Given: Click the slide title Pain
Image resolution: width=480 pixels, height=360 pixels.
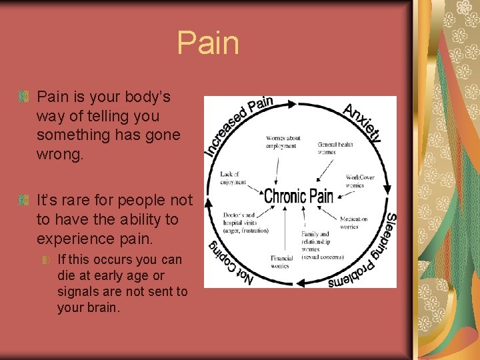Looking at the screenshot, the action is [x=207, y=43].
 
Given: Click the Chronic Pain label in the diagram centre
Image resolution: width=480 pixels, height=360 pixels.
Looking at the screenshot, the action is [x=299, y=196].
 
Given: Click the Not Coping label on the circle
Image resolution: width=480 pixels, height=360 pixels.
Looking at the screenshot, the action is [x=230, y=263].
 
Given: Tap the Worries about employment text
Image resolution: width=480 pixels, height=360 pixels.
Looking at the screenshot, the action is [x=283, y=142].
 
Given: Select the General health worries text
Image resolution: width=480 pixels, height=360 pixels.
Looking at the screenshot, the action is [x=335, y=148].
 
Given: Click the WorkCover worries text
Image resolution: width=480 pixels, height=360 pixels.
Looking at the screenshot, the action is [x=360, y=181].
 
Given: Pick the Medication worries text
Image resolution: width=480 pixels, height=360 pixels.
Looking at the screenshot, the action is [x=353, y=223].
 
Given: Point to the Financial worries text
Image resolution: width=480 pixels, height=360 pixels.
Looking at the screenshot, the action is [x=282, y=261].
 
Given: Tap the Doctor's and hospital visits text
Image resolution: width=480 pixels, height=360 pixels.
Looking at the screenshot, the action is [x=246, y=223].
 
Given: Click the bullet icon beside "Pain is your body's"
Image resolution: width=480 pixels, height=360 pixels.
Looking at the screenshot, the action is [x=24, y=97].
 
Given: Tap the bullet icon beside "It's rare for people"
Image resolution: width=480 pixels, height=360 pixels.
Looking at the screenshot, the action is [x=24, y=200].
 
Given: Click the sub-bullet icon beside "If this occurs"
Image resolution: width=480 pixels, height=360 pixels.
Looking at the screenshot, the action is [x=46, y=259].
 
